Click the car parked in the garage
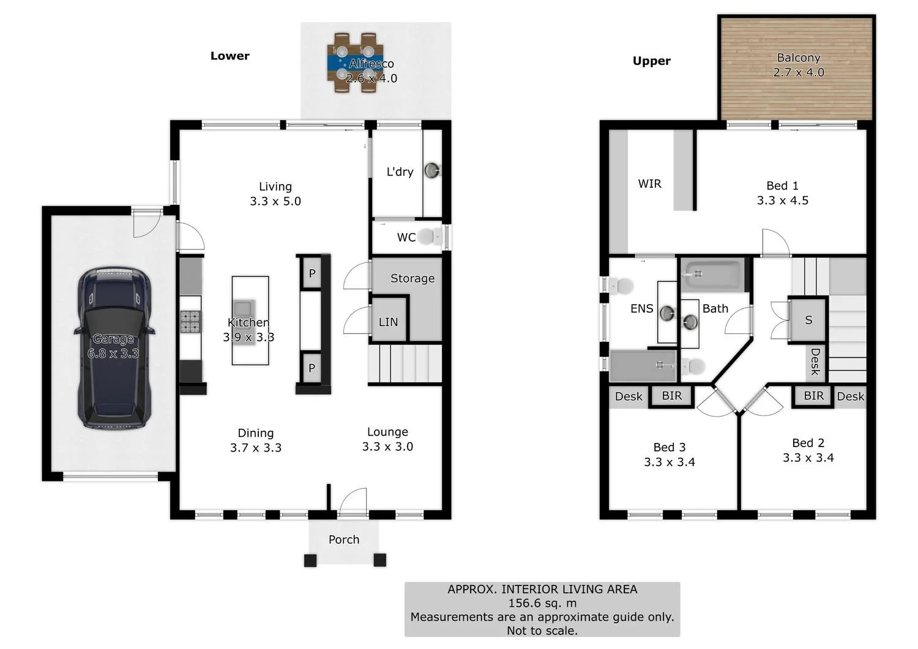[x=113, y=347]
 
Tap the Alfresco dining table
[x=355, y=63]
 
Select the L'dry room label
[x=400, y=172]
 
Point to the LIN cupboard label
[x=388, y=322]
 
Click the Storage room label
[x=412, y=278]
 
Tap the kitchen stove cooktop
[x=190, y=321]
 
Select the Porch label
[x=344, y=540]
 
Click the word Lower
[x=229, y=56]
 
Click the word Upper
[x=651, y=61]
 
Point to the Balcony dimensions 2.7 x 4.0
[x=798, y=72]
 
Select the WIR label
[x=649, y=184]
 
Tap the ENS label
[x=641, y=309]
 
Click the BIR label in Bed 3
[x=671, y=396]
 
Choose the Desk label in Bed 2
[x=850, y=396]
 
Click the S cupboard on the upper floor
[x=808, y=320]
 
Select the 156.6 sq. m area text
[x=542, y=603]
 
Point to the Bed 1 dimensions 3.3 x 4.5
[x=782, y=201]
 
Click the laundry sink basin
[x=433, y=170]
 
